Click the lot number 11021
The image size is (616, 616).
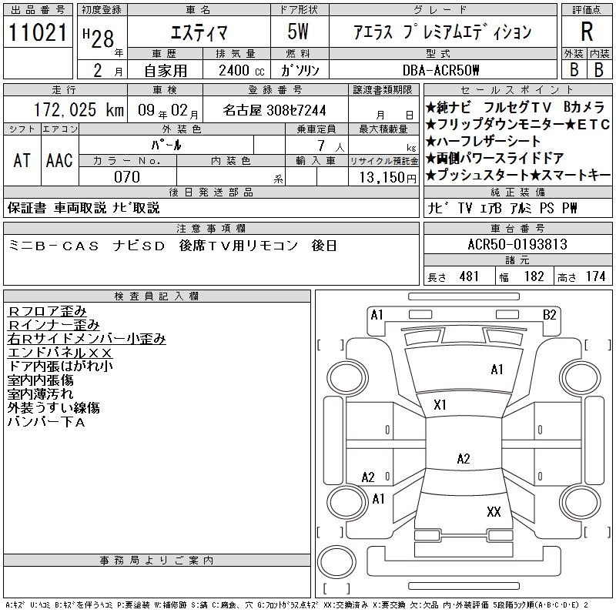(38, 32)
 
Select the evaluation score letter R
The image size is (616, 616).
(587, 32)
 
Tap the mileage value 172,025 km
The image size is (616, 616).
(79, 109)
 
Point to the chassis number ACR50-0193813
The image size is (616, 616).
(517, 244)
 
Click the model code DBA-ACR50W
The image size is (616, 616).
(440, 70)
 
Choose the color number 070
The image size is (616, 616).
(127, 177)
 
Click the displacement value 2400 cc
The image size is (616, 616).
(242, 70)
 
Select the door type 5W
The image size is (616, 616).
(298, 32)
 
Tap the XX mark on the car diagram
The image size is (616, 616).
(494, 511)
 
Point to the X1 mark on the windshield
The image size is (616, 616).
(440, 405)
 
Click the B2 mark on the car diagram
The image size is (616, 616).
(550, 315)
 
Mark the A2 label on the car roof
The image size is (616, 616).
(464, 458)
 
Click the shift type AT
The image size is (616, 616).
(22, 160)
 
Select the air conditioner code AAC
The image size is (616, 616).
(59, 160)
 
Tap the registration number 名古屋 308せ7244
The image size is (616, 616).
(274, 110)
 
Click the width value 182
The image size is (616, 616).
(534, 276)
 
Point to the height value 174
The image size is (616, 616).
(595, 276)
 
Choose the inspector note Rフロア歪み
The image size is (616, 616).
(47, 311)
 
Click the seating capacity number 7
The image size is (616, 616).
(321, 146)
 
